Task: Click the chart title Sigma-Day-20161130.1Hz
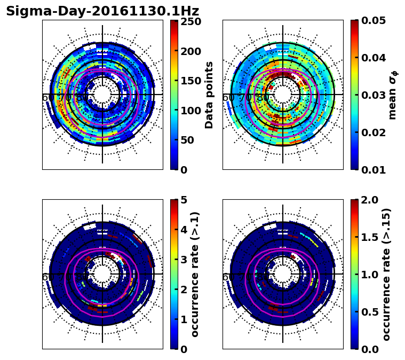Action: (102, 11)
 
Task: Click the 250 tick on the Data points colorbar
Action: (190, 21)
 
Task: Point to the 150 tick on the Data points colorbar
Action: (190, 81)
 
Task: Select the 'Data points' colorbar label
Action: (209, 95)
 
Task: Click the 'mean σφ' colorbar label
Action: (393, 95)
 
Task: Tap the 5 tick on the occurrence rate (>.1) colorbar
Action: (184, 200)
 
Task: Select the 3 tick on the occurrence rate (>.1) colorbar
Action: (184, 260)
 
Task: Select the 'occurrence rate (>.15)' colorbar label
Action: (386, 275)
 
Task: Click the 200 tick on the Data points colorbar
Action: (190, 51)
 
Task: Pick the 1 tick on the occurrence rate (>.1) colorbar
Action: (184, 319)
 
